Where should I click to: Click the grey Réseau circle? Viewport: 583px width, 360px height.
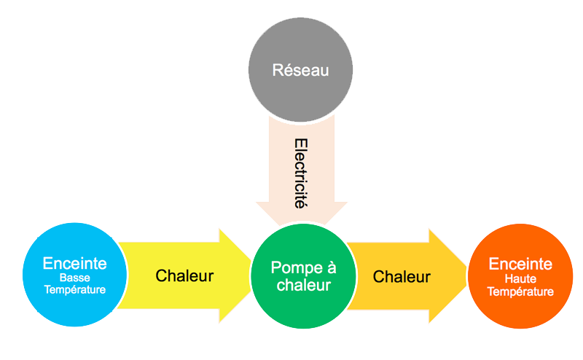click(301, 71)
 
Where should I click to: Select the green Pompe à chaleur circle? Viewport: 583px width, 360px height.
click(301, 275)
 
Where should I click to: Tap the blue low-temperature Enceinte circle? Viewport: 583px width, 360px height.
click(74, 275)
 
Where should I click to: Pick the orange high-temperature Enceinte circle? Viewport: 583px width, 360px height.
click(520, 275)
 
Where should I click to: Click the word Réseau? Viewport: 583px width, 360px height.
click(301, 71)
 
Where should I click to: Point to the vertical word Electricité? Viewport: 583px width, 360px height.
click(300, 173)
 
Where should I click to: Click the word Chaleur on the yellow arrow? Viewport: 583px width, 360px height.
click(184, 276)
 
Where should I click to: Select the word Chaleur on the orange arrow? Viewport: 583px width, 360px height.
click(402, 277)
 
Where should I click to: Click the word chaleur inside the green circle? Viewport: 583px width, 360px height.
click(301, 285)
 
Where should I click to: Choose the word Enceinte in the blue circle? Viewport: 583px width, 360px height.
click(74, 263)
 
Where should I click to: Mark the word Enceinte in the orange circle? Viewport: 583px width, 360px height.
click(520, 264)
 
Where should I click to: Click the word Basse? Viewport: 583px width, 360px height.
click(74, 278)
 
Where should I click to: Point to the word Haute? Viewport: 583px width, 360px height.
click(520, 279)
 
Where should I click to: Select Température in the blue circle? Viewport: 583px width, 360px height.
click(74, 289)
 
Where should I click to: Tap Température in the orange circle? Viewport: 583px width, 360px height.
click(520, 291)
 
